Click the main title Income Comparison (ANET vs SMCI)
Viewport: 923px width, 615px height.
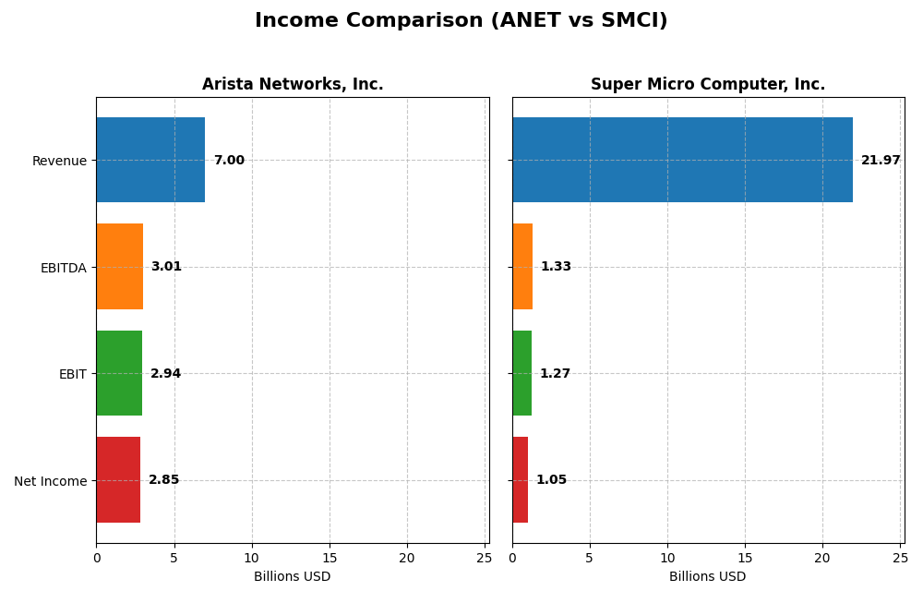(x=461, y=20)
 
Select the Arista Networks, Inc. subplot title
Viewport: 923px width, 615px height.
(x=293, y=84)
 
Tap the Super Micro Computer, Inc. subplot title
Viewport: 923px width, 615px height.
(x=708, y=84)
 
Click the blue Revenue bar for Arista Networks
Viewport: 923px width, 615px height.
(x=150, y=160)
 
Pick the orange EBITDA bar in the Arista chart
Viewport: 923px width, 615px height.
(x=120, y=266)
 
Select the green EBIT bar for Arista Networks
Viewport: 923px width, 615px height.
(x=119, y=373)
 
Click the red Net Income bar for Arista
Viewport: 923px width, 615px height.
(x=118, y=479)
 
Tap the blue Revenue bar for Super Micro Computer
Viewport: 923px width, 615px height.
(x=682, y=160)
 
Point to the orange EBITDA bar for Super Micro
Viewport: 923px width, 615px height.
(x=522, y=266)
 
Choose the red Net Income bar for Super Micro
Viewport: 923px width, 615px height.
(x=521, y=479)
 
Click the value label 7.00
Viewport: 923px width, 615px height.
(x=229, y=161)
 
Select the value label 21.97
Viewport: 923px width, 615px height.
(x=881, y=161)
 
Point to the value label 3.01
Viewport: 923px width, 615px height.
(x=166, y=267)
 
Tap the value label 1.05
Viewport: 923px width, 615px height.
(x=551, y=480)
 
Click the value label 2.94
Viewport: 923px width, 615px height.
(x=166, y=374)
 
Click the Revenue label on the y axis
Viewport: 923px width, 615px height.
(x=59, y=161)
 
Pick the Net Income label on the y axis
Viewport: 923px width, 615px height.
(x=51, y=480)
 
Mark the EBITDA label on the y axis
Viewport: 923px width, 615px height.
(x=63, y=268)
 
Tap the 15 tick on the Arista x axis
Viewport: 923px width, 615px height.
(x=330, y=558)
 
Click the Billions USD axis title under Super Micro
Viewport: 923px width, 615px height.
(x=708, y=577)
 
